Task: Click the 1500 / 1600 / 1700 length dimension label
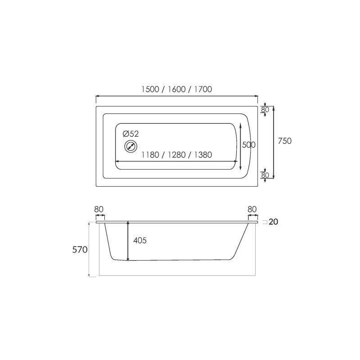tap(176, 89)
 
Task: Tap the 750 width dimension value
tap(285, 141)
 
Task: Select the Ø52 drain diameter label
tap(131, 134)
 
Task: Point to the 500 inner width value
tap(249, 145)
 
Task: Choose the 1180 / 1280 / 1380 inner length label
tap(176, 155)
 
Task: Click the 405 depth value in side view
tap(140, 240)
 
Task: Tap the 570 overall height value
tap(80, 250)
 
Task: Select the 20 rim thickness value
tap(273, 222)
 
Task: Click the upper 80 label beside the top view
tap(265, 110)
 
